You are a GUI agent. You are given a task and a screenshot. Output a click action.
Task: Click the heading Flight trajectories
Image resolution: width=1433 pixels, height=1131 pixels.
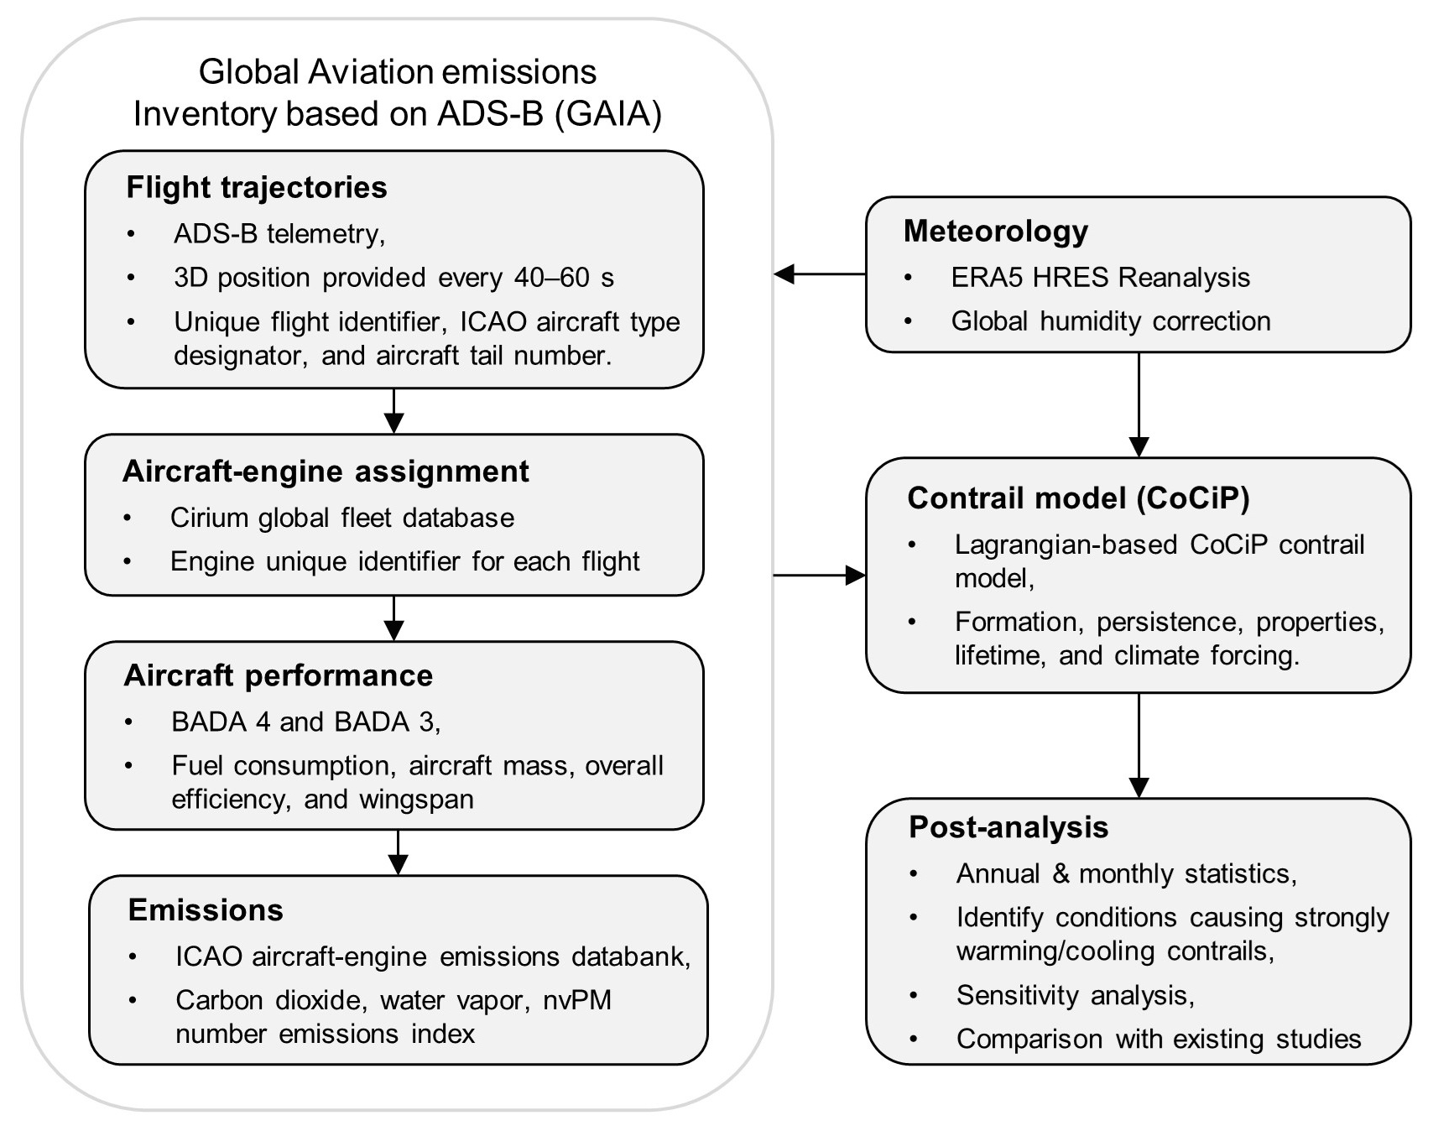[257, 187]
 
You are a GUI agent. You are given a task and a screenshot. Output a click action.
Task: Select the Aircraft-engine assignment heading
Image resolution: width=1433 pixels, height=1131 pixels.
[326, 472]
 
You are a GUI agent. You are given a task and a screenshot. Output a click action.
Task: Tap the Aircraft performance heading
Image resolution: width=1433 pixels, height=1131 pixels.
[279, 675]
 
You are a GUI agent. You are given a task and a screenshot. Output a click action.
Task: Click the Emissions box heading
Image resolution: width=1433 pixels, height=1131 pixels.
[206, 910]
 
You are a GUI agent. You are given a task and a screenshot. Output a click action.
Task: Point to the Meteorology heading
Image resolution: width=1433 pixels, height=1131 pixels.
[996, 231]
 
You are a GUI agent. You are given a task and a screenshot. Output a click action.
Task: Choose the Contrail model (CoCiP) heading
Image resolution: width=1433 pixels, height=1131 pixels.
[1078, 498]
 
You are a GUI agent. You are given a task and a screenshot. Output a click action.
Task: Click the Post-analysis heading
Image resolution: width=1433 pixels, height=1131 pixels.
[1008, 827]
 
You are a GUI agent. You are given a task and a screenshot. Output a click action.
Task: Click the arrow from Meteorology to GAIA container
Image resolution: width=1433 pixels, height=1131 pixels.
[819, 274]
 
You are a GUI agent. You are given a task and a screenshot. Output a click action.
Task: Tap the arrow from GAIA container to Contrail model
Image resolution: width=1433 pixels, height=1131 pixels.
[819, 576]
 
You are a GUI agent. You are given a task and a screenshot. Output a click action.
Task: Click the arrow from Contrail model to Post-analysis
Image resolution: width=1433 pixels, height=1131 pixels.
[1139, 745]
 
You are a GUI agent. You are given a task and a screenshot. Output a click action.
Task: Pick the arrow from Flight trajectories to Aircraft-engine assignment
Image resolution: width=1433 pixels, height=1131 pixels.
[393, 410]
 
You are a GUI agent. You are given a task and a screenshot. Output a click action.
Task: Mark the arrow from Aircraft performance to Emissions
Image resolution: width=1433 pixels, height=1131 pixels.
[398, 852]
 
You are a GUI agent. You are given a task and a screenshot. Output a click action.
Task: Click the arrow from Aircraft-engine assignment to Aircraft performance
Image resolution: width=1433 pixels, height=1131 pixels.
[393, 618]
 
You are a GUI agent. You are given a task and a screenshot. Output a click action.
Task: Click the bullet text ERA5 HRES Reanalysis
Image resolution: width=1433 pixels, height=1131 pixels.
[1100, 278]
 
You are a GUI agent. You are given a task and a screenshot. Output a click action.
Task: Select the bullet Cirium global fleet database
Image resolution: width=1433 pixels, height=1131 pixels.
[342, 518]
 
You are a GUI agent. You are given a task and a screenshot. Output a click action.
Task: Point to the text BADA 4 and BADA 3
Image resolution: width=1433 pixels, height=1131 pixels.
[306, 722]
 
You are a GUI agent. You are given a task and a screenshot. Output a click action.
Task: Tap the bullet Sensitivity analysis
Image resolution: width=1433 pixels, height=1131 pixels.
[1075, 995]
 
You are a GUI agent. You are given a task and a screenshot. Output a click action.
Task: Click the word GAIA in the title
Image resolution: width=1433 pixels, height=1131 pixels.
[608, 113]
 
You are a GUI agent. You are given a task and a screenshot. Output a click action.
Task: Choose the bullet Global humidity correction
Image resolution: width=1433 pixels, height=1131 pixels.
[1111, 321]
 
